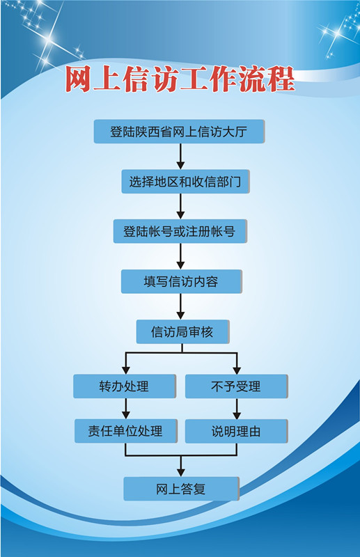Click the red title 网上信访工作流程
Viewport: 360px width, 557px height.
180,79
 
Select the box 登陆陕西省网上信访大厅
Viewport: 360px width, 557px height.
179,132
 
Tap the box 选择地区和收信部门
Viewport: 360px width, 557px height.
185,182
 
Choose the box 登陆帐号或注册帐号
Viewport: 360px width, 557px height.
180,231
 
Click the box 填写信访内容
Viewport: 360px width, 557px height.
182,281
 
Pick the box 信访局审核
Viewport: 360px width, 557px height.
182,332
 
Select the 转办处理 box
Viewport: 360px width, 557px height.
125,386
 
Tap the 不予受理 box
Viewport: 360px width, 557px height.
236,386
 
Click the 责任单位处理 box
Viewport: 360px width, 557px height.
126,431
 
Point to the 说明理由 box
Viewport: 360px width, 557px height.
236,431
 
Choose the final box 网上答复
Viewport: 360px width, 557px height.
181,489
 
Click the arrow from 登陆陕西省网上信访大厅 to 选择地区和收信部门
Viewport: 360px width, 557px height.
180,156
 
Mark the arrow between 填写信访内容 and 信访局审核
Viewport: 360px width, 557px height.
180,306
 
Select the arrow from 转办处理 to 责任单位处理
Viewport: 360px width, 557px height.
126,409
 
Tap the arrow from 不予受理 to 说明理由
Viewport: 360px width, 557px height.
237,409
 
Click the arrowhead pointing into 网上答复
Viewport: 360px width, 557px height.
181,473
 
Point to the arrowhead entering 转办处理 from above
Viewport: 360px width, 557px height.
126,370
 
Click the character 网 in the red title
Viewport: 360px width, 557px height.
78,79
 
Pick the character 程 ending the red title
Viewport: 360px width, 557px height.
281,79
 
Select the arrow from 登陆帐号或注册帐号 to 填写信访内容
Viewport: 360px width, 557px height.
180,256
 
